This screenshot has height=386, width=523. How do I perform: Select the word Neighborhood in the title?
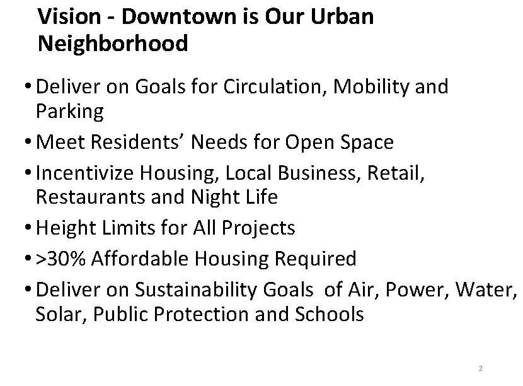[113, 44]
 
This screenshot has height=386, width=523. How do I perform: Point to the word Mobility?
[376, 86]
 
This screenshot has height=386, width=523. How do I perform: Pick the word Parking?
[69, 112]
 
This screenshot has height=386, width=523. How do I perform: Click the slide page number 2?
[480, 368]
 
